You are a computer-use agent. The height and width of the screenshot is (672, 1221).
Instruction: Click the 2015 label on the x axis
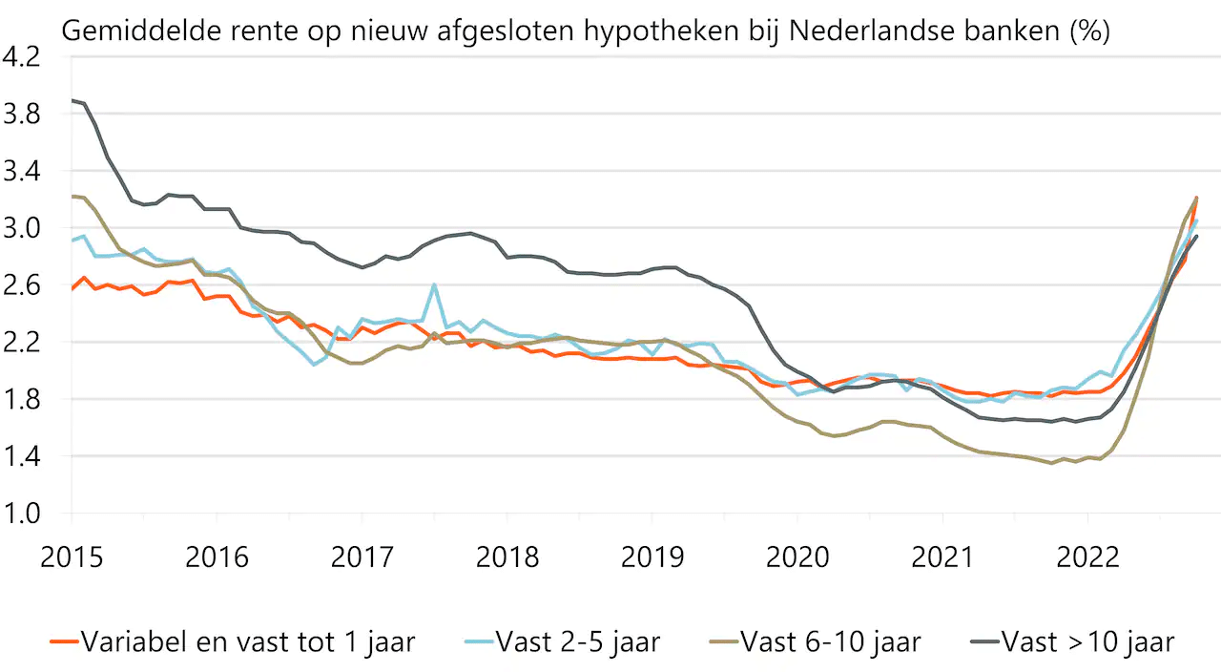tap(72, 557)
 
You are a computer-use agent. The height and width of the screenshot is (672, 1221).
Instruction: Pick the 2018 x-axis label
tap(507, 557)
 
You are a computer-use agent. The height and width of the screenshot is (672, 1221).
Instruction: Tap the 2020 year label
tap(797, 557)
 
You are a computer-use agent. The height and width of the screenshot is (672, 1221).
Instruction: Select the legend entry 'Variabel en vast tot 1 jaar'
tap(248, 642)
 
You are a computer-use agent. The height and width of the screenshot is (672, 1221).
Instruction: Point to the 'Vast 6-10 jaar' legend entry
tap(830, 642)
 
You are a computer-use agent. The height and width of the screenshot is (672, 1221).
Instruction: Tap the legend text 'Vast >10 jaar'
tap(1087, 642)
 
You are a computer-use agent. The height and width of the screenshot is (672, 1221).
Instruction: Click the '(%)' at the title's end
tap(1089, 31)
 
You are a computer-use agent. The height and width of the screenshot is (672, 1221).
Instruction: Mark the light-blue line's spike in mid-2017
tap(434, 284)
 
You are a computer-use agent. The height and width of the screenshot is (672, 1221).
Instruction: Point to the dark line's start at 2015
tap(72, 100)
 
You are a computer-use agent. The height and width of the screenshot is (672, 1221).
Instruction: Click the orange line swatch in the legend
tap(63, 642)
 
